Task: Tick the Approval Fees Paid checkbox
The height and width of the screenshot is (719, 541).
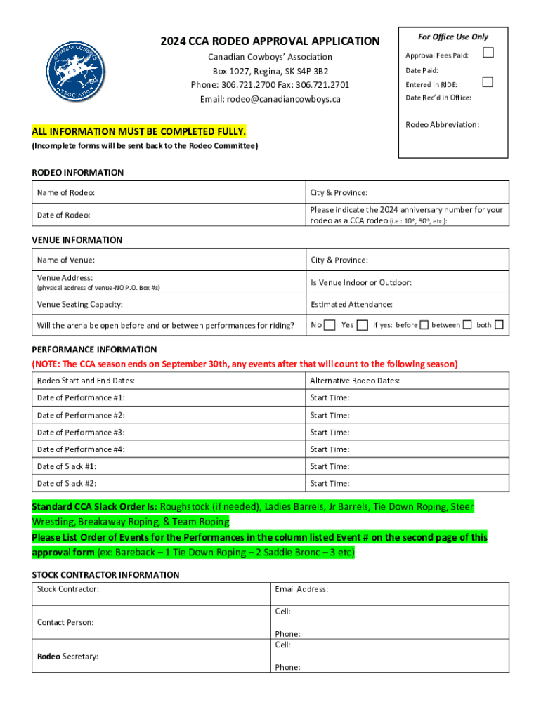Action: (488, 53)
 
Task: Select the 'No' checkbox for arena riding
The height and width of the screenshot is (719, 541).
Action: (329, 325)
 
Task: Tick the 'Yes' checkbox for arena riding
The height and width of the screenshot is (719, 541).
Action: (362, 325)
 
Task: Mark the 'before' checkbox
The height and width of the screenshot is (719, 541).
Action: (424, 325)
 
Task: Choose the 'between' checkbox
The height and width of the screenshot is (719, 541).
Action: (468, 325)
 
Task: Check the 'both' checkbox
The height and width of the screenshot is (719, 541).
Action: (499, 325)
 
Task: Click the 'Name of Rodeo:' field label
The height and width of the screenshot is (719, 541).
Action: (66, 192)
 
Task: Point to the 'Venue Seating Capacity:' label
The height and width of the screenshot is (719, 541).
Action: (79, 304)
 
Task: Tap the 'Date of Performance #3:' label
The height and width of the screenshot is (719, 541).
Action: (81, 433)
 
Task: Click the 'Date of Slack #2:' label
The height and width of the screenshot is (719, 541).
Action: (67, 483)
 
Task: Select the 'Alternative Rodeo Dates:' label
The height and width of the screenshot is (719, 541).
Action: (355, 381)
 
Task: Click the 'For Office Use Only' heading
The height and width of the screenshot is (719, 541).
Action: (453, 37)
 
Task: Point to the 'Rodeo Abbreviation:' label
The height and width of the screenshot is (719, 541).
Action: (443, 125)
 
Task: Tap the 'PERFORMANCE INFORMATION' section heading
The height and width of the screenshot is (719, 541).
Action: (94, 349)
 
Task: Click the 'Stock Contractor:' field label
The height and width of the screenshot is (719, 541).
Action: (68, 589)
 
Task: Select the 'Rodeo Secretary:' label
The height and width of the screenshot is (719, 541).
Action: (67, 656)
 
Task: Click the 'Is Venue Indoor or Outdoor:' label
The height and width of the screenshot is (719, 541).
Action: (361, 282)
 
